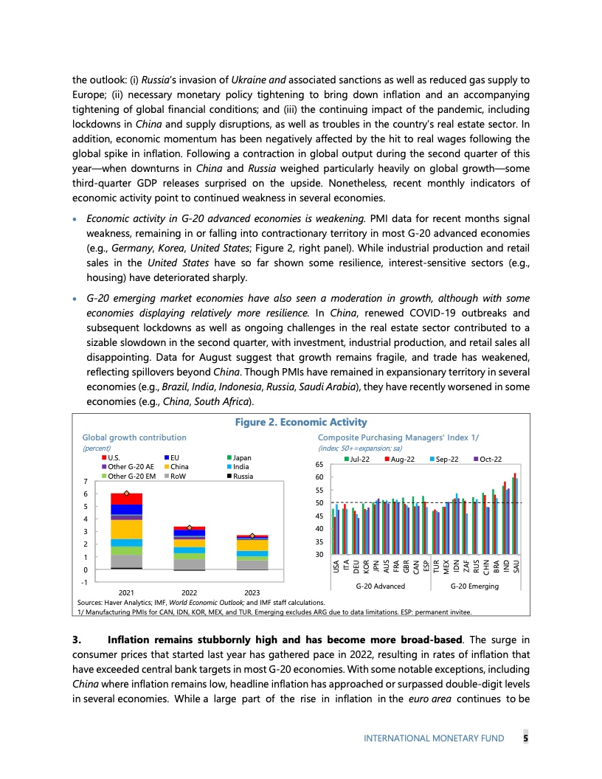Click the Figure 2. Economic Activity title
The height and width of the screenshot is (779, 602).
pos(300,422)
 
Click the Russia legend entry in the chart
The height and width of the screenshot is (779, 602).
pos(243,476)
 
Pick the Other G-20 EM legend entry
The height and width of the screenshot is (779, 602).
pos(131,476)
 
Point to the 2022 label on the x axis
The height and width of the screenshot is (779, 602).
pos(190,592)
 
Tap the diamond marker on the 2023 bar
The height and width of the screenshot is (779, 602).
pos(252,536)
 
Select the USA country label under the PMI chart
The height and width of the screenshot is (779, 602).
pos(336,566)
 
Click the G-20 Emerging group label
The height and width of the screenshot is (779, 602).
pos(474,586)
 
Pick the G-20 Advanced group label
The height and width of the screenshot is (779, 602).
pos(380,586)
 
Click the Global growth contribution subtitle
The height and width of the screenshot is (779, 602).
pos(134,437)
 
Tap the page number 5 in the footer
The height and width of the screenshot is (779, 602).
pos(525,738)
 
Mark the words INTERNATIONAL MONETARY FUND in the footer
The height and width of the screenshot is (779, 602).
pos(435,738)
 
